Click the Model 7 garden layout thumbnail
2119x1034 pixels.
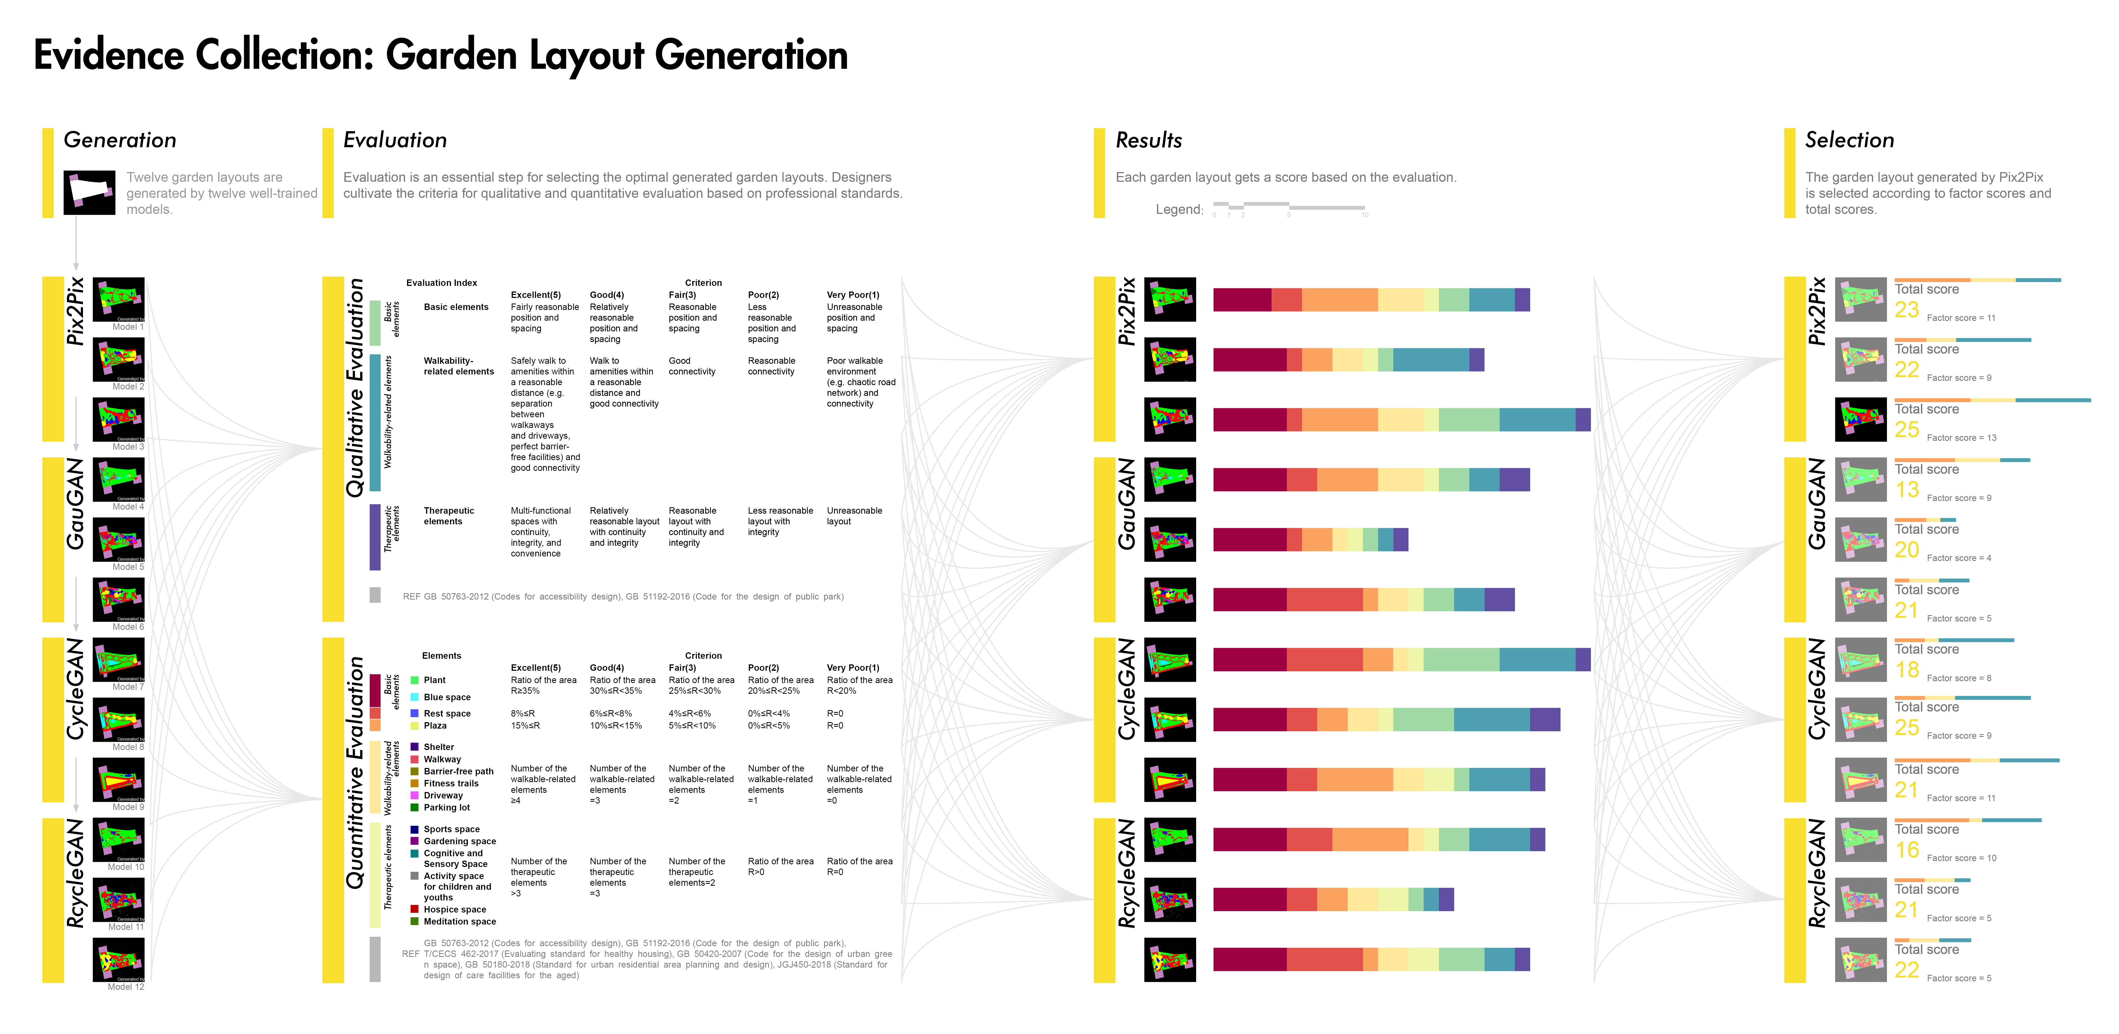tap(119, 659)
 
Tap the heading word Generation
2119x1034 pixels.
tap(120, 141)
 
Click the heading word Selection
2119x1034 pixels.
tap(1849, 141)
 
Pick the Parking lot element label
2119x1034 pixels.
tap(447, 808)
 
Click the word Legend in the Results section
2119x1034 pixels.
tap(1179, 210)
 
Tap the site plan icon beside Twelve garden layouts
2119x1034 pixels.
tap(89, 192)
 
